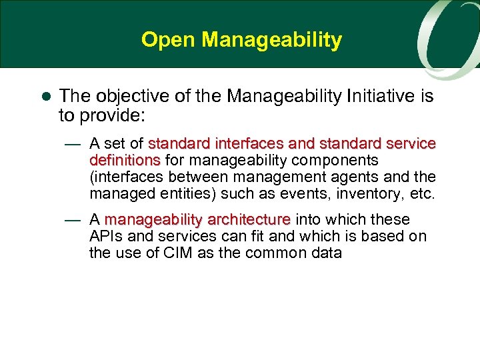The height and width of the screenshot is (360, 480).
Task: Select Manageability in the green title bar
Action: point(272,41)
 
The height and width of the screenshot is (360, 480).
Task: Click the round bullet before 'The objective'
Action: point(46,97)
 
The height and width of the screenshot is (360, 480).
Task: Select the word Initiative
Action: point(378,97)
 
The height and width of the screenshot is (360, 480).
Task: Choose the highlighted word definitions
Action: point(125,160)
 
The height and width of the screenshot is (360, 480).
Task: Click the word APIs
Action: point(105,237)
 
